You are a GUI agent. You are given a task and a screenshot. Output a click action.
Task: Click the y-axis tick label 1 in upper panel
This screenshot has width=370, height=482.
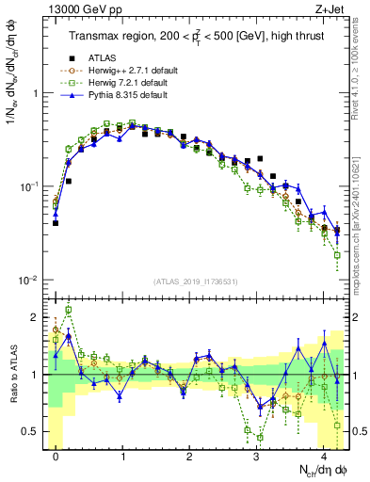click(x=35, y=94)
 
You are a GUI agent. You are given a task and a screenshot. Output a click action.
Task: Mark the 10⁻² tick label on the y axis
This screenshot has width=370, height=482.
click(x=30, y=281)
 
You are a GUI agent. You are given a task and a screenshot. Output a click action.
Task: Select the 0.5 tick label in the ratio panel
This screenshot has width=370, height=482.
click(x=31, y=431)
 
